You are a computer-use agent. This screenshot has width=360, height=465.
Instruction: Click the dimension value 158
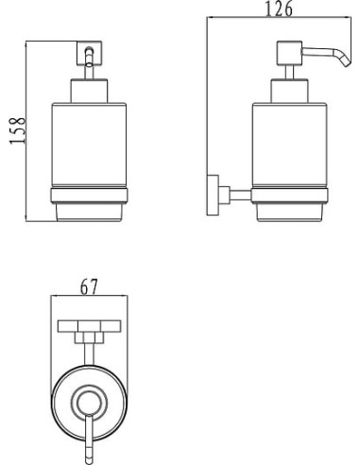(x=17, y=130)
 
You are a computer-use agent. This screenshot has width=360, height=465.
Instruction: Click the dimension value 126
(x=279, y=9)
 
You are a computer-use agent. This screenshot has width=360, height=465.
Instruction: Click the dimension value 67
(x=89, y=286)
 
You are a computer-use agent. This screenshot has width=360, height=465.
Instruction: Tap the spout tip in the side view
(x=347, y=65)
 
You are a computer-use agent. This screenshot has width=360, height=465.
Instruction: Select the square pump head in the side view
(x=289, y=53)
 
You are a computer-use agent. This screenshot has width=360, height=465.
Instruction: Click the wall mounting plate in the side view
(x=213, y=196)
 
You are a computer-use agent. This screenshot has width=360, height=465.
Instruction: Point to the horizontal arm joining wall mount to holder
(x=241, y=196)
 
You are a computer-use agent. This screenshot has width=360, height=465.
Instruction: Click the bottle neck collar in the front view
(x=89, y=91)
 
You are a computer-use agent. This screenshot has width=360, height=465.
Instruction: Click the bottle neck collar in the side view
(x=289, y=91)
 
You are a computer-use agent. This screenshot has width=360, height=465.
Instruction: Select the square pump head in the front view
(x=89, y=53)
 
